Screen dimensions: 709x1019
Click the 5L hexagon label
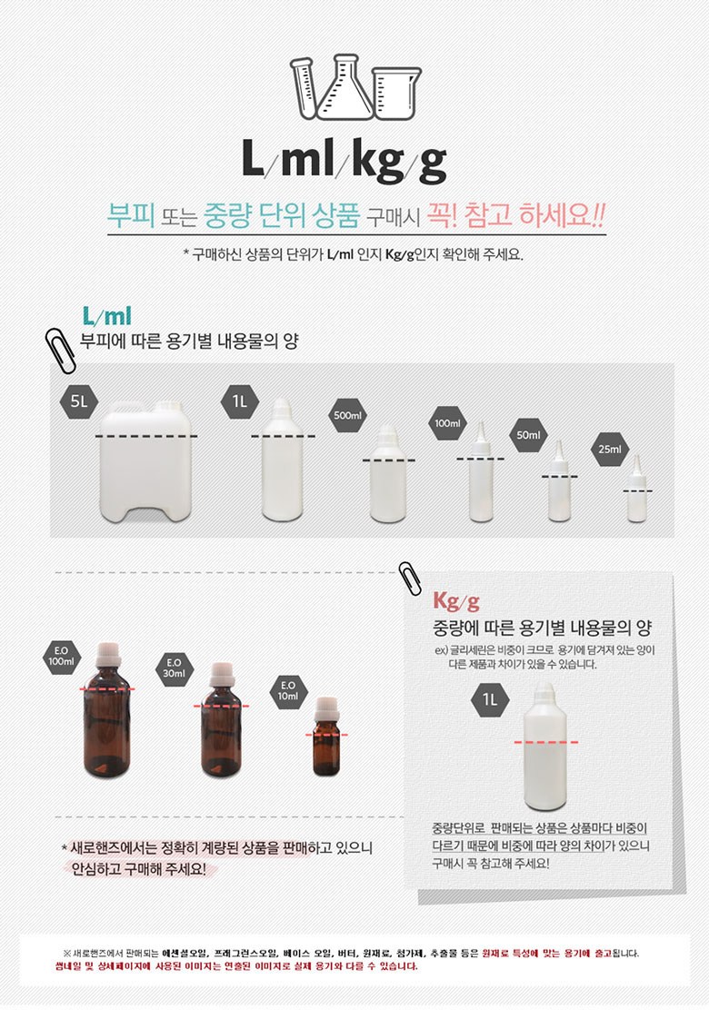click(79, 401)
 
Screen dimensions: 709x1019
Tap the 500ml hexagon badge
click(347, 415)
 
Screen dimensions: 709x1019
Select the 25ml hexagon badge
click(610, 449)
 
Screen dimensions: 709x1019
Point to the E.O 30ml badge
click(175, 668)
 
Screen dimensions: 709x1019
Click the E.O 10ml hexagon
click(288, 691)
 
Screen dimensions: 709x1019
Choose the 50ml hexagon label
click(528, 435)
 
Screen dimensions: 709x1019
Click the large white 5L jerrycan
click(146, 461)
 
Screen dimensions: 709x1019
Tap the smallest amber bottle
click(326, 737)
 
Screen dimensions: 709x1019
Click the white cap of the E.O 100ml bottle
click(109, 655)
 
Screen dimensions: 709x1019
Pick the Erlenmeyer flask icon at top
click(345, 87)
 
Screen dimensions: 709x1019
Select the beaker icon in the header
click(397, 94)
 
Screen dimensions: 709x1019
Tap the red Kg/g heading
click(456, 601)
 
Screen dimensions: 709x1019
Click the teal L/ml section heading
click(106, 316)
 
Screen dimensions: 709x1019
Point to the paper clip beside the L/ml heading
click(61, 351)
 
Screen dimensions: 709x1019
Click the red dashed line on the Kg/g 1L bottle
click(545, 742)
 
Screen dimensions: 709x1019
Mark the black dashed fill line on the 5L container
click(146, 436)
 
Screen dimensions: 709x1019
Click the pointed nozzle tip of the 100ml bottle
click(481, 422)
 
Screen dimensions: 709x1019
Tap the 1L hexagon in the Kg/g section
click(490, 700)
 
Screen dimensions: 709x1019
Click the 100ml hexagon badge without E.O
click(447, 423)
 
